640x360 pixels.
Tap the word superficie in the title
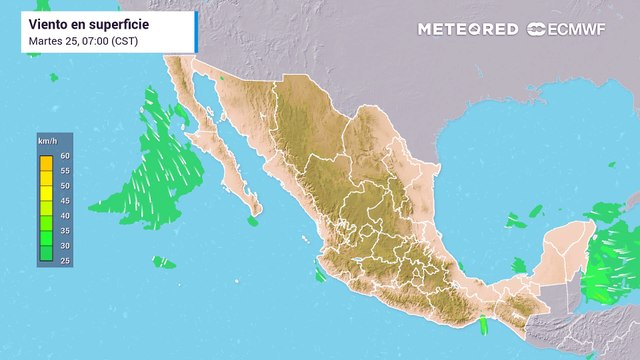120,23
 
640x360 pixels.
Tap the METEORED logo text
468,29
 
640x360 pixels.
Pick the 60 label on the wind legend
65,156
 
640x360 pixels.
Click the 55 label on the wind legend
65,171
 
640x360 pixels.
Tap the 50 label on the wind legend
65,186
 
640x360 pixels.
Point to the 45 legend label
65,201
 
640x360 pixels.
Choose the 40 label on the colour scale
65,216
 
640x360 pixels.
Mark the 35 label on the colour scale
65,231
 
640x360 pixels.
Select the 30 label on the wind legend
65,246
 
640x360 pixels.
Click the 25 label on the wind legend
65,260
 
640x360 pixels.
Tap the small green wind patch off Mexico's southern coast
483,325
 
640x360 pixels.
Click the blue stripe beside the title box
195,32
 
